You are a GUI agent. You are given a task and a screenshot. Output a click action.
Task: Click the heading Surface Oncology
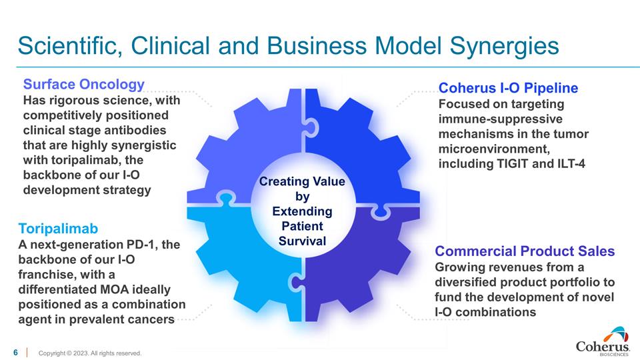(84, 85)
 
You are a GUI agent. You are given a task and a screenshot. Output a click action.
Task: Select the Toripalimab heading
(59, 229)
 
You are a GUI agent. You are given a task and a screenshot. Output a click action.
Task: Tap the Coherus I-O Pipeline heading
(508, 88)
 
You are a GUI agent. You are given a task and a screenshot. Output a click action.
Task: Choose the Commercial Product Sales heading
(525, 251)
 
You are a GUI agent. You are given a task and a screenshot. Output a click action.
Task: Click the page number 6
(15, 352)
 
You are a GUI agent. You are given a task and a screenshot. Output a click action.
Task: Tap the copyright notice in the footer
(90, 353)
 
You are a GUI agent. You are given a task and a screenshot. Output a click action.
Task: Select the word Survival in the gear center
(302, 241)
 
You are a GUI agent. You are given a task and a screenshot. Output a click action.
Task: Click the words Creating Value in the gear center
(302, 182)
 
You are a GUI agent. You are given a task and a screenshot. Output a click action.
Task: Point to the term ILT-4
(565, 163)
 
